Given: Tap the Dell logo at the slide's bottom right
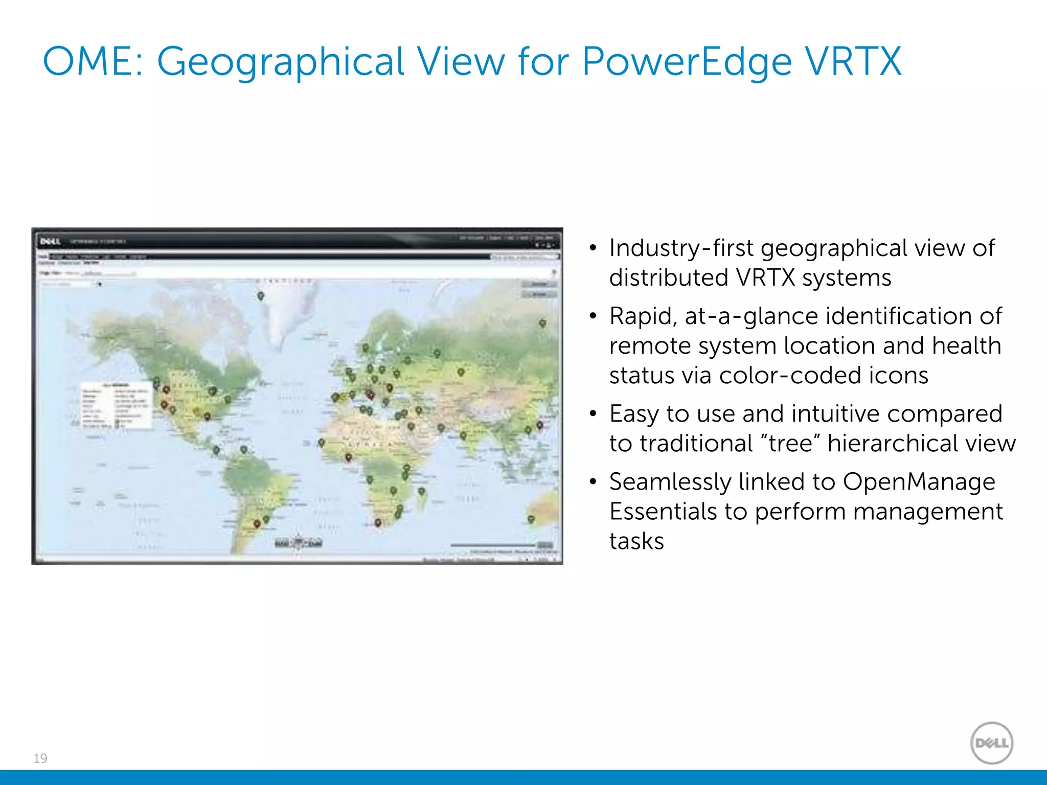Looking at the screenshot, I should [x=991, y=743].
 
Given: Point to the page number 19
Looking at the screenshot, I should [x=40, y=758].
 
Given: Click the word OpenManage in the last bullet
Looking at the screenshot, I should [x=919, y=481].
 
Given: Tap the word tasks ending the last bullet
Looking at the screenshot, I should [x=636, y=541].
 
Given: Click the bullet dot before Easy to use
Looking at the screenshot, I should [x=593, y=413].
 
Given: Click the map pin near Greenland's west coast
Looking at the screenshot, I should [x=260, y=295].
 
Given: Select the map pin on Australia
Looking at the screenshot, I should [x=531, y=519].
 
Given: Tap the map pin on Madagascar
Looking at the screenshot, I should [x=421, y=491].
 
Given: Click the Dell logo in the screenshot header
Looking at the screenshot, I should [x=50, y=241].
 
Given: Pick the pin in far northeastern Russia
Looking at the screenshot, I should [x=542, y=323].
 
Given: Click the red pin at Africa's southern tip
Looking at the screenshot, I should [x=378, y=522].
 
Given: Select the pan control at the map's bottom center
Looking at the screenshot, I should [x=299, y=543].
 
